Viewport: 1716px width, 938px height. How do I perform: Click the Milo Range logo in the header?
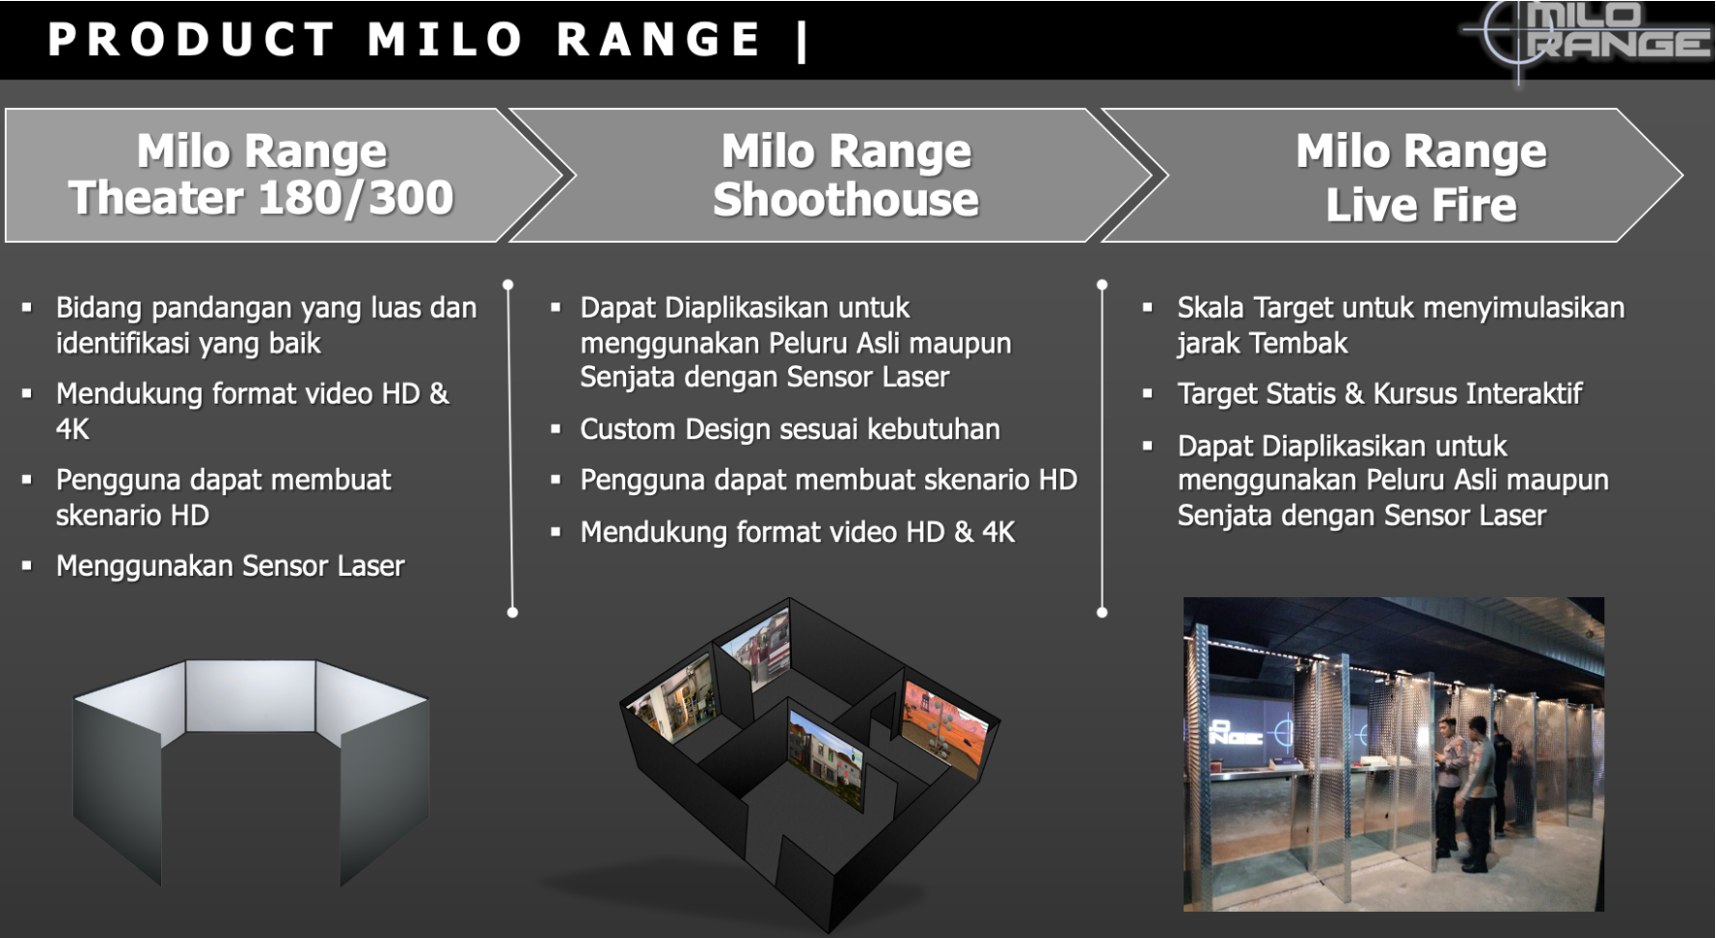(x=1588, y=39)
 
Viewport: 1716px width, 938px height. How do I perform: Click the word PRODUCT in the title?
(x=190, y=40)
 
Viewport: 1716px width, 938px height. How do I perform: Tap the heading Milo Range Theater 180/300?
(x=261, y=175)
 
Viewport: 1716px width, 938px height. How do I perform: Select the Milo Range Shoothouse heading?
(x=846, y=176)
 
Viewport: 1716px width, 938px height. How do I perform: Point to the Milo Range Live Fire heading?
(x=1421, y=178)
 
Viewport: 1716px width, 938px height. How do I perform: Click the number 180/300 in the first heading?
(x=356, y=198)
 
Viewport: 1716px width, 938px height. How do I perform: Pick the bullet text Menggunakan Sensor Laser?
(x=230, y=566)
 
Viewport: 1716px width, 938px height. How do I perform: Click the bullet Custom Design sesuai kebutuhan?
(x=790, y=429)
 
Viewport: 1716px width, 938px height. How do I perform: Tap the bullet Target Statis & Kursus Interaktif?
(x=1379, y=393)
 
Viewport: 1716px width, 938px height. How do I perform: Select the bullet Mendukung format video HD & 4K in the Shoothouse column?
(x=798, y=532)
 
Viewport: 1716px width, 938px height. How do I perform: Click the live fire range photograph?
(x=1393, y=754)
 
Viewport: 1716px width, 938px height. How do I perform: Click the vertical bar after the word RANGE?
(x=802, y=41)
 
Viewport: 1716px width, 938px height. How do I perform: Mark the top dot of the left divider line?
(x=508, y=285)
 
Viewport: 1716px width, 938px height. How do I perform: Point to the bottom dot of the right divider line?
(x=1102, y=613)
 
